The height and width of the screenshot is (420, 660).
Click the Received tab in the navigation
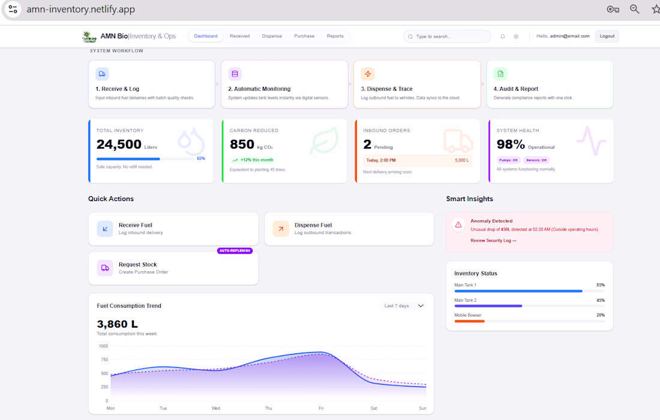coord(239,36)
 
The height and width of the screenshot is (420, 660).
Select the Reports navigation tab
coord(335,36)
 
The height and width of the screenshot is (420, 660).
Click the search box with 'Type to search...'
coord(447,37)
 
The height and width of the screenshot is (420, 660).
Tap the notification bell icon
coord(503,37)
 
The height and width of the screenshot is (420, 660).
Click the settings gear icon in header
coord(516,37)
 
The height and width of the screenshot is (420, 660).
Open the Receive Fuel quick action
coord(173,229)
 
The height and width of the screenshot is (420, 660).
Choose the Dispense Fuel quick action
coord(349,229)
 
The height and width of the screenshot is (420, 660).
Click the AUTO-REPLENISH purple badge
coord(235,251)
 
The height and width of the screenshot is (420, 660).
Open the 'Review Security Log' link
coord(493,241)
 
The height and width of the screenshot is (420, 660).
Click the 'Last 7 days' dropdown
coord(404,306)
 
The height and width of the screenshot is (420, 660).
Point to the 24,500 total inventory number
coord(119,145)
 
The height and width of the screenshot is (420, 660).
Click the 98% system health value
coord(511,145)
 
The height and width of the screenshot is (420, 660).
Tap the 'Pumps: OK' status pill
coord(508,160)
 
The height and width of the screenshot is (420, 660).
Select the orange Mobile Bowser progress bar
coord(469,321)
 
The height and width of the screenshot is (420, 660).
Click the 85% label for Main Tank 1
coord(600,285)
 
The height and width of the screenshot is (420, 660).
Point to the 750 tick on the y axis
coord(103,360)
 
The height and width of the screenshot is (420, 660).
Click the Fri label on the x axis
coord(321,409)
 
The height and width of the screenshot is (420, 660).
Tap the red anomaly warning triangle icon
coord(458,225)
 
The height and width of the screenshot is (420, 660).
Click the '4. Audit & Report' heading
coord(515,89)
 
